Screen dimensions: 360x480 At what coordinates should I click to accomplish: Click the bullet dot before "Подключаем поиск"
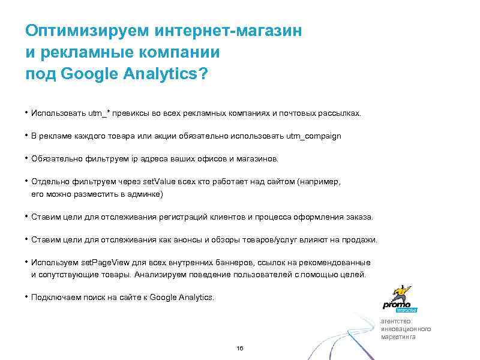(x=27, y=296)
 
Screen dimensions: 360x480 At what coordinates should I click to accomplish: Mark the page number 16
(x=240, y=349)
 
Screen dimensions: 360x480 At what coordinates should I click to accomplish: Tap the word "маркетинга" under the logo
(x=398, y=337)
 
